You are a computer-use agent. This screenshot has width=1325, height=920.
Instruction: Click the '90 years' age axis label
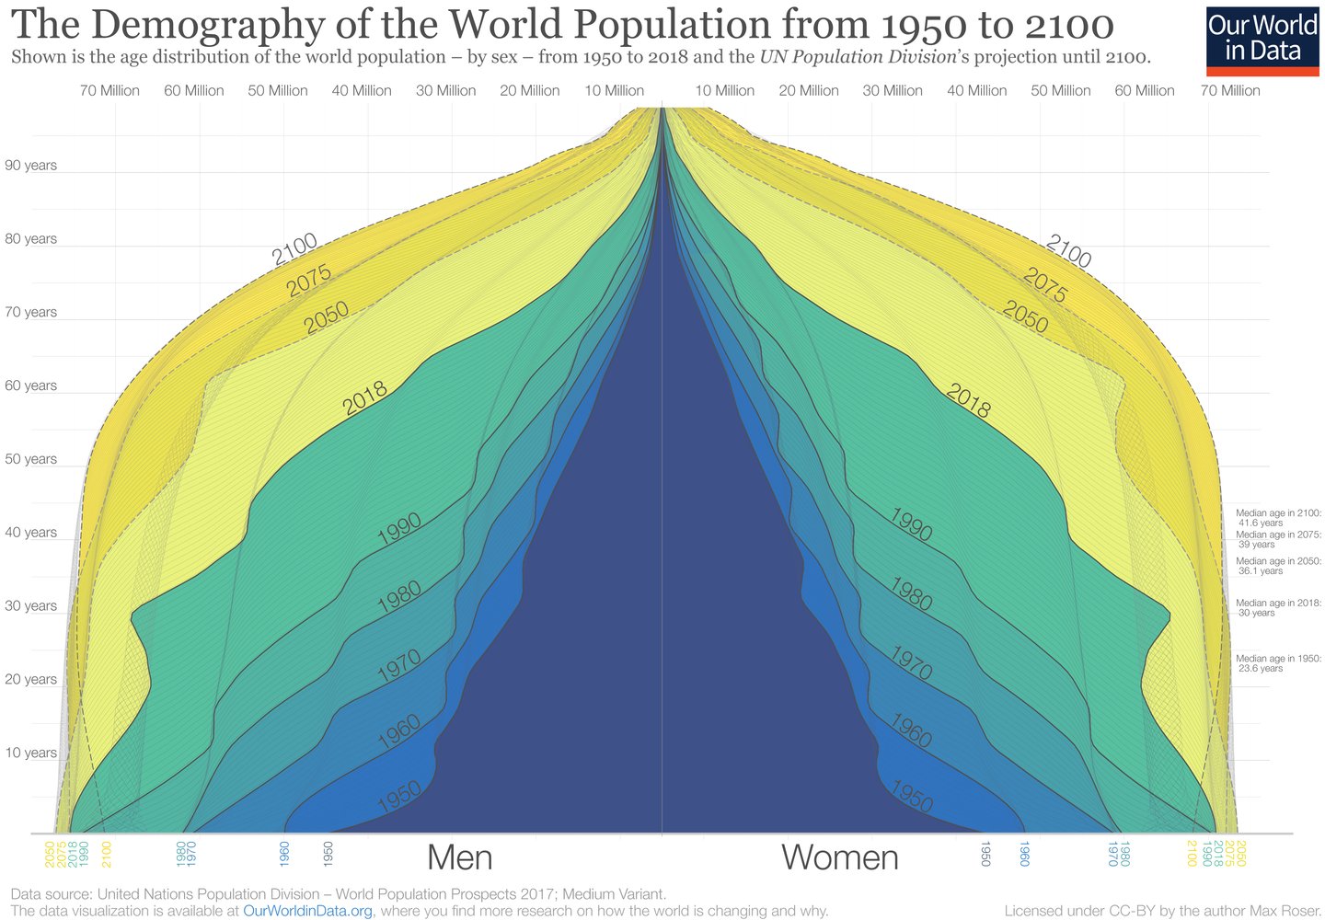(x=30, y=166)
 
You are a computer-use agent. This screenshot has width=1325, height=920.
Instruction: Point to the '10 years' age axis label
(x=30, y=753)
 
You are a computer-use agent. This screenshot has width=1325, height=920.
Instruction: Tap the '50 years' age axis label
(x=30, y=459)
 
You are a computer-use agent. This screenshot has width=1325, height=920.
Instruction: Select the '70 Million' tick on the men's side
(x=109, y=90)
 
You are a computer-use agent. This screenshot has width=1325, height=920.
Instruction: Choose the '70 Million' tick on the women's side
(x=1230, y=90)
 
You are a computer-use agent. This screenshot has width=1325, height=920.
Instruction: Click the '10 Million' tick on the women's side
(x=724, y=90)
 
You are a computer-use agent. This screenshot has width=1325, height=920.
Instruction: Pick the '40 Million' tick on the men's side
(x=362, y=90)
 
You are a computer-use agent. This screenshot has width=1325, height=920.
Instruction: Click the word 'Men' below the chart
(x=459, y=857)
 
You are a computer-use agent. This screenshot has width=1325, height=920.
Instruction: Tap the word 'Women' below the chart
(x=839, y=857)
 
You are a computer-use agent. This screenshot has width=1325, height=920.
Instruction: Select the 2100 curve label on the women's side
(x=1069, y=251)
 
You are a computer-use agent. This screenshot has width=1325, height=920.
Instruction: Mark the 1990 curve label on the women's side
(x=911, y=524)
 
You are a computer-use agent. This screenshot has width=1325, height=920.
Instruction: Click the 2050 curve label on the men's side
(x=327, y=317)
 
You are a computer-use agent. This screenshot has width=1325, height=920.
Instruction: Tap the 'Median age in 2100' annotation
(x=1278, y=518)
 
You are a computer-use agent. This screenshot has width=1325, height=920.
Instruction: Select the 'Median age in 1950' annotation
(x=1278, y=663)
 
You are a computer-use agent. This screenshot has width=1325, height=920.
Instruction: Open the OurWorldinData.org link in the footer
(x=307, y=911)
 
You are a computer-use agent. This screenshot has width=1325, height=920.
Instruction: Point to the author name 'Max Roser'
(x=1286, y=911)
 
